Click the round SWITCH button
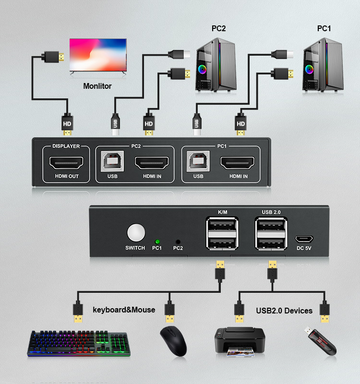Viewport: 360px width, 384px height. [x=136, y=232]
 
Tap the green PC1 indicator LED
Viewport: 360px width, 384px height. [x=157, y=241]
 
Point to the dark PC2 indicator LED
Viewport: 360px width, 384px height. [x=178, y=241]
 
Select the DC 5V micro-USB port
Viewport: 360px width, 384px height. [x=304, y=238]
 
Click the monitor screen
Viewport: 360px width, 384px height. [x=98, y=55]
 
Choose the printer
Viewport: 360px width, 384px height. [x=239, y=342]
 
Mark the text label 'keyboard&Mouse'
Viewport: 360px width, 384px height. [x=124, y=310]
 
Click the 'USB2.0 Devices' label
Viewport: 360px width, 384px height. [x=284, y=311]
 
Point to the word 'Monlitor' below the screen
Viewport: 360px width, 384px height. [x=97, y=86]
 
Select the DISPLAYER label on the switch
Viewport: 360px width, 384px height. [x=66, y=146]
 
